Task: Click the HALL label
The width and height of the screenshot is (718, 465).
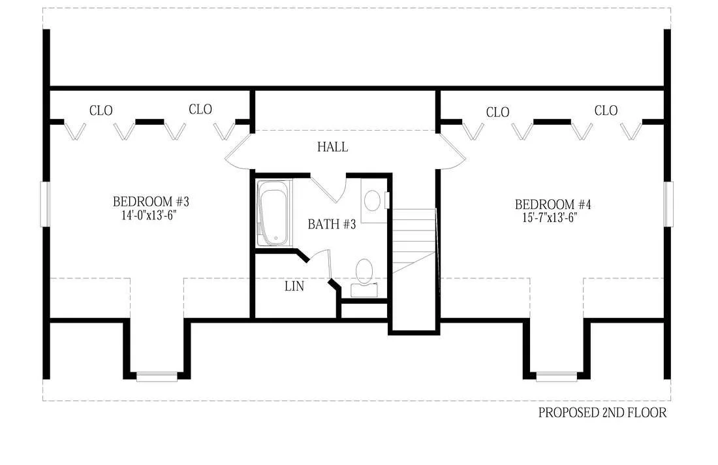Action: pos(332,147)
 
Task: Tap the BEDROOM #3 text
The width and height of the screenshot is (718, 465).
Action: pos(151,201)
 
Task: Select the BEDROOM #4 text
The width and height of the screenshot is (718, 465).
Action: pos(553,205)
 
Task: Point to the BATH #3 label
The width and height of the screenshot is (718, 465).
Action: pos(332,225)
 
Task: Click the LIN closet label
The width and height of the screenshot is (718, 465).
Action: pos(294,286)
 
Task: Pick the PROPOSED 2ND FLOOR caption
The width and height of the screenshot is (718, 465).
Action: pos(602,413)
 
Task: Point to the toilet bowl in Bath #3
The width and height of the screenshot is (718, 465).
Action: pos(364,271)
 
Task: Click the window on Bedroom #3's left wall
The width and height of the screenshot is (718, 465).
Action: pos(45,204)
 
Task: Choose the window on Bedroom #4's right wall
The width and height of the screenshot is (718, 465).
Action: pos(668,204)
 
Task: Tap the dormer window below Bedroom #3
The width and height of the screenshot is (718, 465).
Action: pos(157,376)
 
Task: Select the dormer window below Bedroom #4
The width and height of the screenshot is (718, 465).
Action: pos(556,376)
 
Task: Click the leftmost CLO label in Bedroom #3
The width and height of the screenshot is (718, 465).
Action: pos(101,111)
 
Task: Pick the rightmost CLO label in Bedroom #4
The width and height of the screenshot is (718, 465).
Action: pos(606,111)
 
